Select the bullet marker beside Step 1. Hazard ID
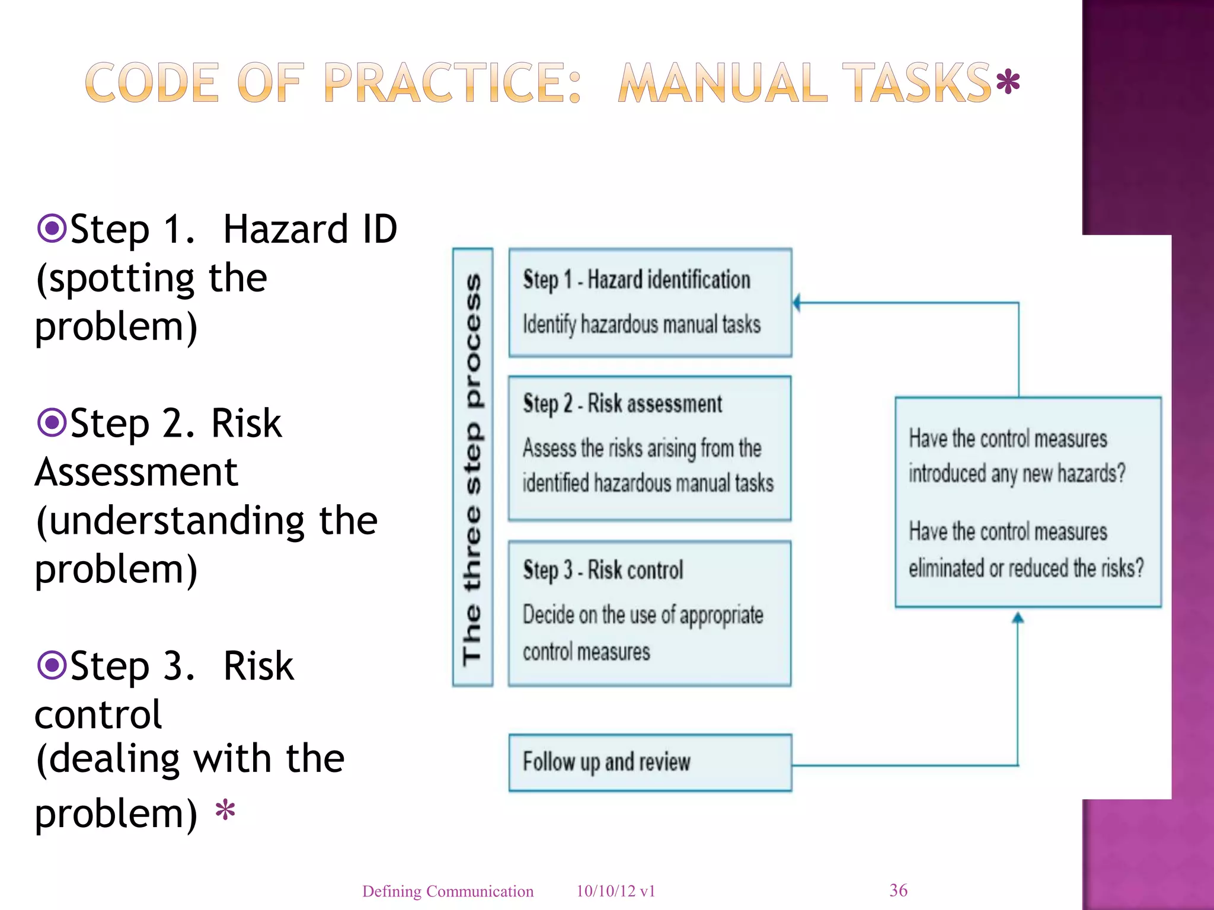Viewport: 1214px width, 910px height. pyautogui.click(x=52, y=228)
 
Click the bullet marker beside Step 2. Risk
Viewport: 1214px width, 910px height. pyautogui.click(x=52, y=422)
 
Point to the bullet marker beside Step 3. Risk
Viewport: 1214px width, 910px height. pyautogui.click(x=52, y=665)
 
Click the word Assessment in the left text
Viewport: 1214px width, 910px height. pyautogui.click(x=136, y=472)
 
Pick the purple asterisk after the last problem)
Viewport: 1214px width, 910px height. pyautogui.click(x=225, y=809)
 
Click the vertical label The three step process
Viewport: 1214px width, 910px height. pyautogui.click(x=472, y=467)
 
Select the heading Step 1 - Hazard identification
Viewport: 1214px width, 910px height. pyautogui.click(x=636, y=280)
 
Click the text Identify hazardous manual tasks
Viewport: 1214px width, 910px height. pyautogui.click(x=641, y=325)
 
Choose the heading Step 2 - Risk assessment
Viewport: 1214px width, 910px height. pyautogui.click(x=622, y=404)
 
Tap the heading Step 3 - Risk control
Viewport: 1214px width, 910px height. pyautogui.click(x=603, y=570)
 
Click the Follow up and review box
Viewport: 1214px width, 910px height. pyautogui.click(x=650, y=762)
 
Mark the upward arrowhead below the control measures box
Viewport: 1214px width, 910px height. pyautogui.click(x=1018, y=618)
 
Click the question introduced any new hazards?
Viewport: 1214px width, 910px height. pyautogui.click(x=1017, y=474)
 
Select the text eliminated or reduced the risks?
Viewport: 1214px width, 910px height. pyautogui.click(x=1025, y=568)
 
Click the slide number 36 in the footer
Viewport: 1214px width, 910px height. pyautogui.click(x=898, y=890)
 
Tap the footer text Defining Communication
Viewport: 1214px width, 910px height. pyautogui.click(x=448, y=891)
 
